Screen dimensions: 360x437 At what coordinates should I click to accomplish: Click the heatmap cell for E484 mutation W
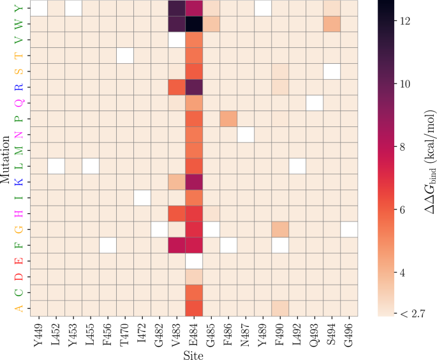(194, 24)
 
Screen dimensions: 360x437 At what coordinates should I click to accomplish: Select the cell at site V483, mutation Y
(177, 8)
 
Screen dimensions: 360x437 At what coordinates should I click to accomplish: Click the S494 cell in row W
(332, 24)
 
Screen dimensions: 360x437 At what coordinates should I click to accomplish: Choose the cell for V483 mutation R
(177, 87)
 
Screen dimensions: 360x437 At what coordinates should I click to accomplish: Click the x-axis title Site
(194, 353)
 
